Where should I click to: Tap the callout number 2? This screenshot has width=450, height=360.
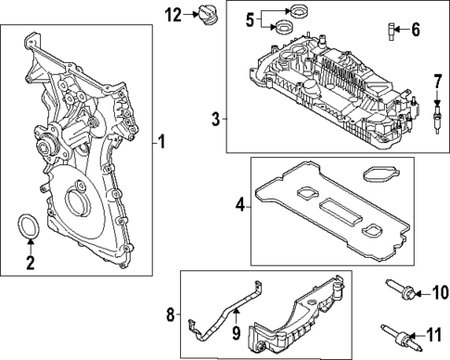[x=30, y=264]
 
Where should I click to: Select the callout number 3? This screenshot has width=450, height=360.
[x=215, y=119]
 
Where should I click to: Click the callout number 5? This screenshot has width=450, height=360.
[x=250, y=19]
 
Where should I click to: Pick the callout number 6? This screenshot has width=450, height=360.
[x=415, y=30]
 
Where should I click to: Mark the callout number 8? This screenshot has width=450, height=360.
[x=170, y=315]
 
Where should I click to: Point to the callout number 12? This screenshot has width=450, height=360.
[x=174, y=14]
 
